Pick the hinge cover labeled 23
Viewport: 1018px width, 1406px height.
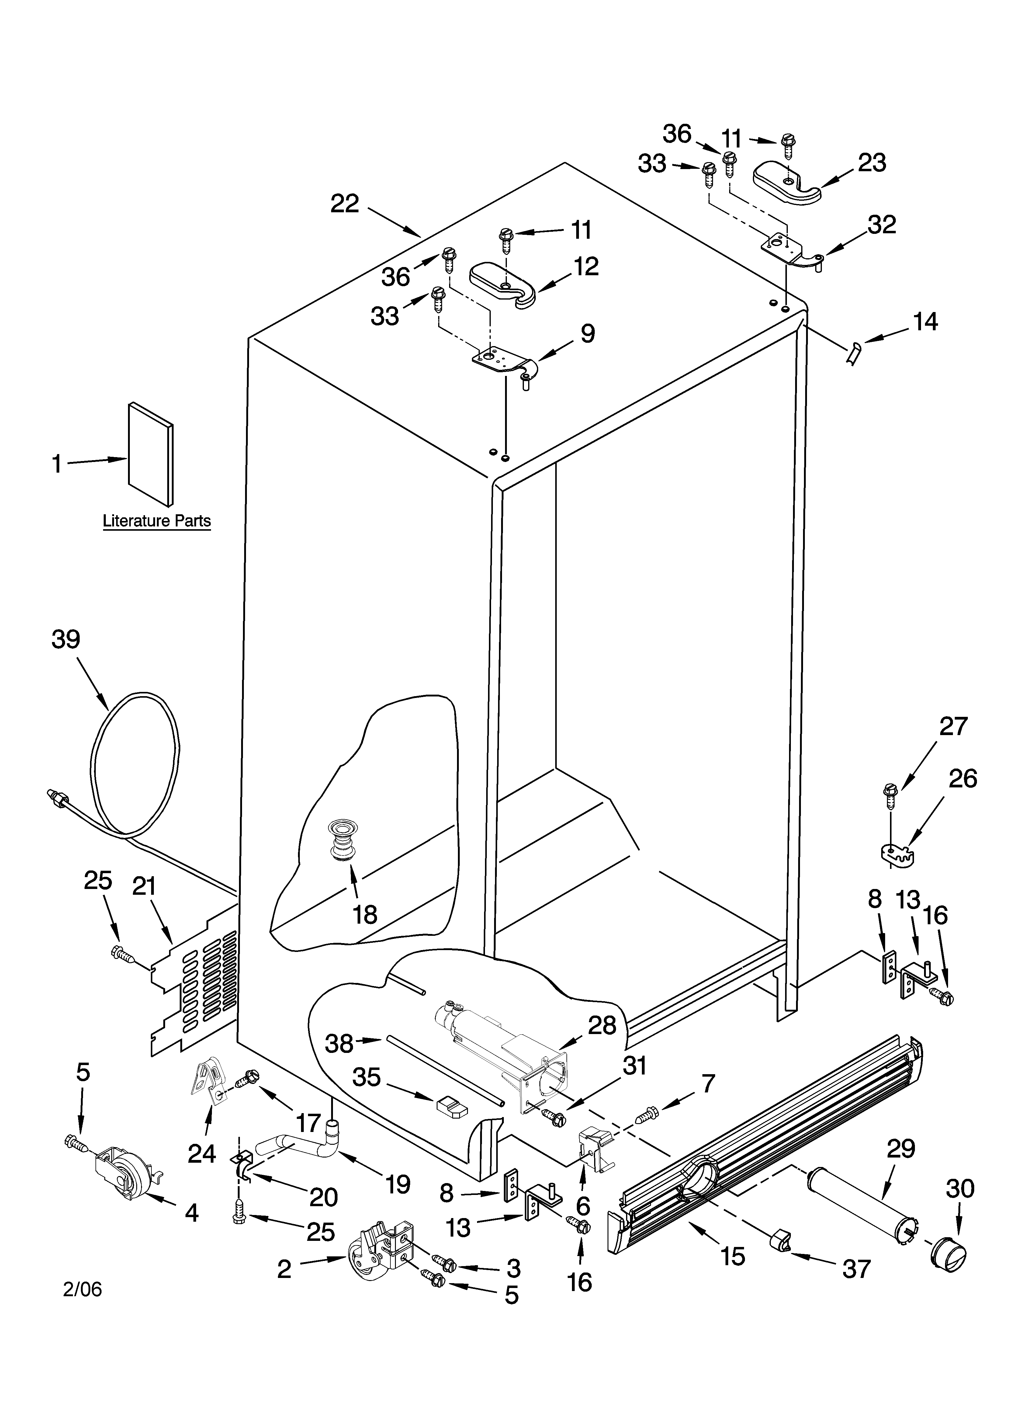[x=786, y=181]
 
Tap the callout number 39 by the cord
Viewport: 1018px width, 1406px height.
[x=66, y=639]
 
